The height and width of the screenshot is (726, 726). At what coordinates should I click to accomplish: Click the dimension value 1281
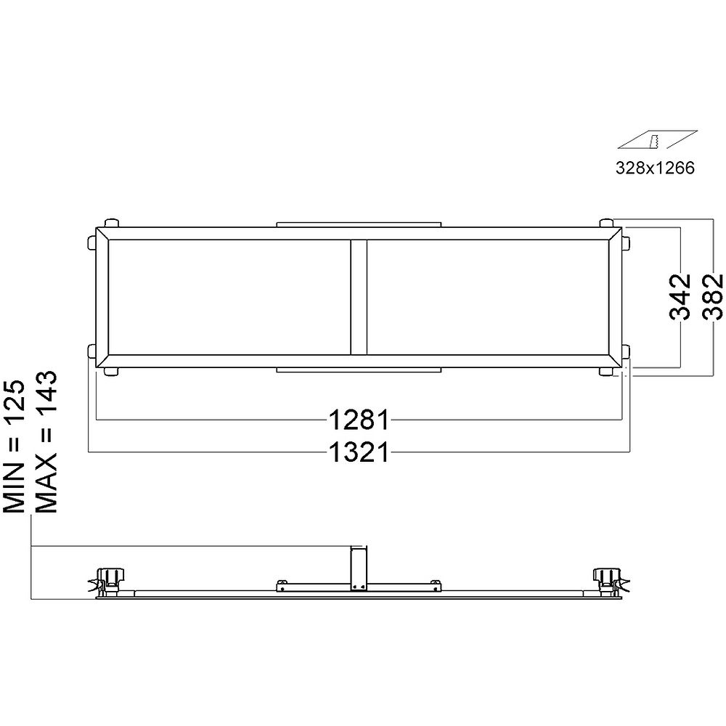point(360,420)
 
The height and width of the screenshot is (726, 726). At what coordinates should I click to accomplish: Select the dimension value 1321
point(360,452)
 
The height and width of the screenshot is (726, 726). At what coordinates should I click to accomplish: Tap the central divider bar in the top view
point(359,297)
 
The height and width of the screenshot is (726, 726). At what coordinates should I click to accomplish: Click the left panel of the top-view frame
point(229,297)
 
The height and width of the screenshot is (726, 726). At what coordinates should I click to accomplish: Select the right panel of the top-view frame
point(488,297)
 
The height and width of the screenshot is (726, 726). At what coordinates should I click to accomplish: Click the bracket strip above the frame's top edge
point(359,224)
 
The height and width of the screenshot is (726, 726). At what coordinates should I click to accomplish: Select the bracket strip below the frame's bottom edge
point(359,370)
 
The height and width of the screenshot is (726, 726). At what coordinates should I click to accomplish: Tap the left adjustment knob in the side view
point(112,577)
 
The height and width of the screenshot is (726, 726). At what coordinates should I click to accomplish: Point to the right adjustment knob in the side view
point(605,577)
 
